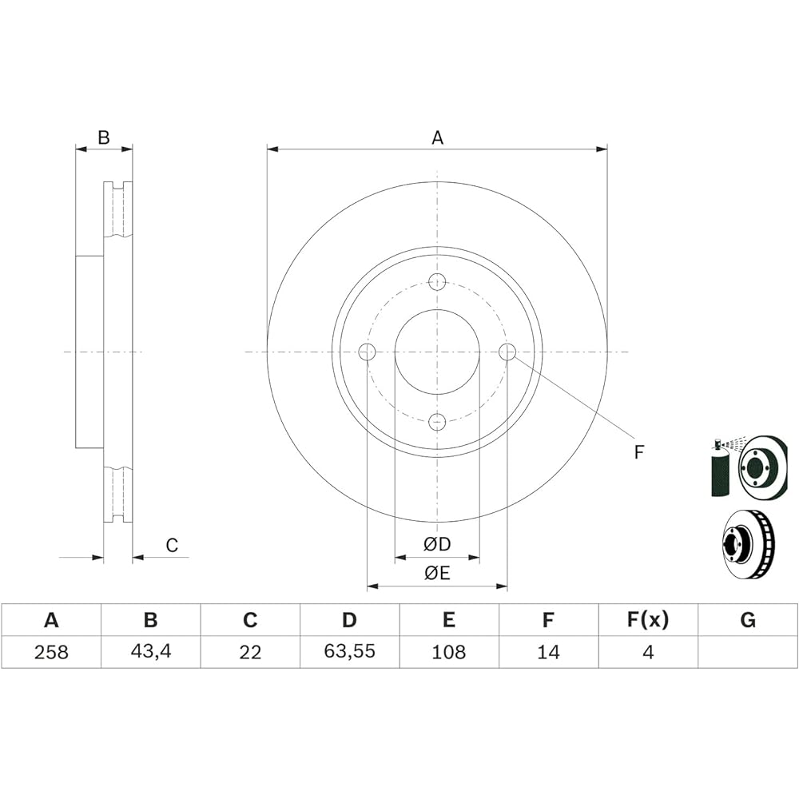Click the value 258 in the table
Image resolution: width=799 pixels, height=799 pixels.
(x=51, y=652)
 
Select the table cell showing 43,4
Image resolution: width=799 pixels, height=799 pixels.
(x=150, y=652)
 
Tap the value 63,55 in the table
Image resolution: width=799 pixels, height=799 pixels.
(x=350, y=651)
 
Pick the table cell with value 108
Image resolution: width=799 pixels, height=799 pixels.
(x=449, y=652)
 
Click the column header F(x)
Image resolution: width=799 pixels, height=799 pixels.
(x=648, y=620)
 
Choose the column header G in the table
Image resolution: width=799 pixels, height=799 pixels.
(x=748, y=620)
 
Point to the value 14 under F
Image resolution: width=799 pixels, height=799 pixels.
(x=548, y=652)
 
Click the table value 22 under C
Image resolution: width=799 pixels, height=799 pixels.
(x=249, y=652)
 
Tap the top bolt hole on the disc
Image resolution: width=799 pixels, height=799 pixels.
(x=437, y=281)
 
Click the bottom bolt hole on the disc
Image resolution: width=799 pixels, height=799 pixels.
(x=437, y=421)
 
